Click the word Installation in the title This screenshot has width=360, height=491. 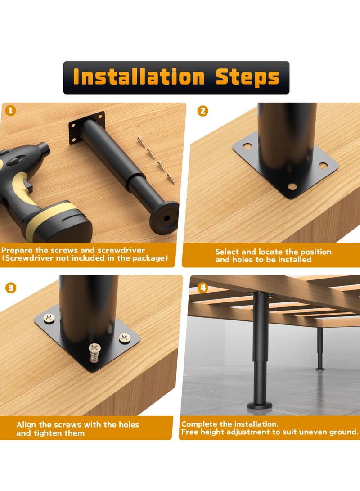(139, 77)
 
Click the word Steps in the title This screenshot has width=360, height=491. (247, 78)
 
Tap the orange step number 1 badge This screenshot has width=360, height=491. (11, 110)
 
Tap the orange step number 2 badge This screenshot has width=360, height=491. (202, 111)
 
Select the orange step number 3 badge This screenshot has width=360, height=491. (11, 288)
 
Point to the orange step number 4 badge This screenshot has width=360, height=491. (203, 287)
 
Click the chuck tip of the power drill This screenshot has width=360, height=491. (44, 149)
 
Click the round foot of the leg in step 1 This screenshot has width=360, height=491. (164, 218)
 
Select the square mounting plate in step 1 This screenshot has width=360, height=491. (87, 127)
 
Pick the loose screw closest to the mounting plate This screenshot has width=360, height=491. (141, 141)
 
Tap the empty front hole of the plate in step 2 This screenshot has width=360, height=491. (292, 187)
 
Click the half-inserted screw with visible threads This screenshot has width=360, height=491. (94, 353)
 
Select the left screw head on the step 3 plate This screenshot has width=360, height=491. (49, 319)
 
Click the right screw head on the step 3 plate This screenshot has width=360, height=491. (125, 338)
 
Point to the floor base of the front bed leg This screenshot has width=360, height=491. (260, 406)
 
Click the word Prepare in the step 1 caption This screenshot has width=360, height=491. (17, 251)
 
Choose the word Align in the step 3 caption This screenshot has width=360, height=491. (27, 425)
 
